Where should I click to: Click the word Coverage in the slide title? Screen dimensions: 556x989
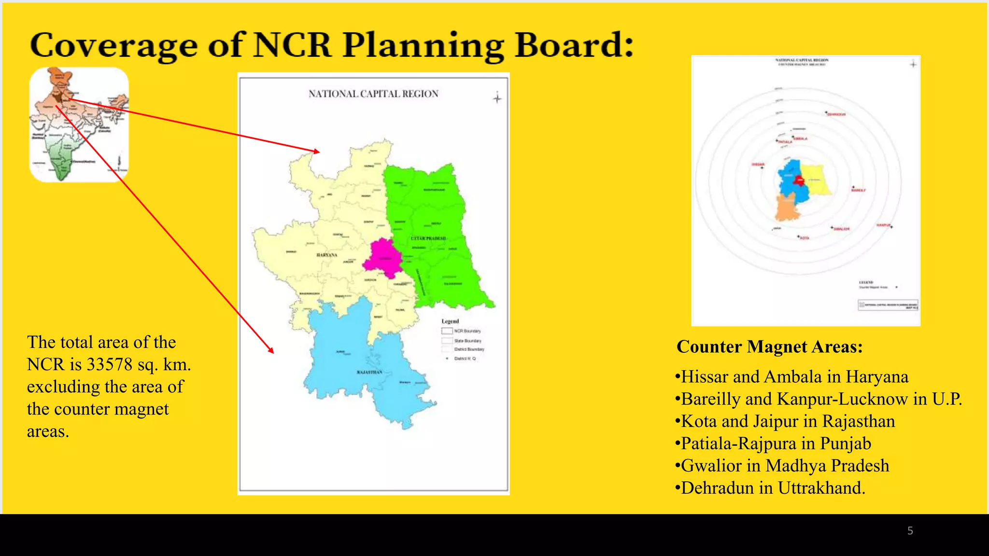point(114,45)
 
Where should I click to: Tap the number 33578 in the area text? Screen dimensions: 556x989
point(109,364)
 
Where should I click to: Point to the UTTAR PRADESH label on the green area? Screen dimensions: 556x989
point(428,238)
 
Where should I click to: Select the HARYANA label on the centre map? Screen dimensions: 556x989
point(327,255)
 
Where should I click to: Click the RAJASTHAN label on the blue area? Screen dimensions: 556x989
point(369,372)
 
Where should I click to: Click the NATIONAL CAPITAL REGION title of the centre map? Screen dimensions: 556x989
point(373,94)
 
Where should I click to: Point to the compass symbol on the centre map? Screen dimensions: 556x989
point(497,98)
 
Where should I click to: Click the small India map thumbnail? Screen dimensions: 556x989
point(79,125)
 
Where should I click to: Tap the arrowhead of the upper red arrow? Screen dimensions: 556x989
point(317,152)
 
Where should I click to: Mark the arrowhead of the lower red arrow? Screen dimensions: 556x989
point(271,351)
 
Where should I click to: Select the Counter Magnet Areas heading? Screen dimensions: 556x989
point(769,347)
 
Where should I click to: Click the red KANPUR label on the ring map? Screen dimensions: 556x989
point(883,225)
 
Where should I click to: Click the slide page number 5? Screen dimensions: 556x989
point(910,531)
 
